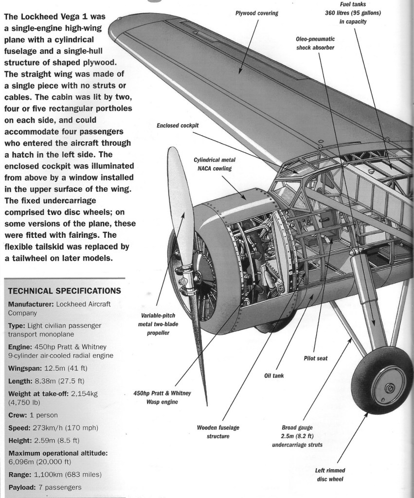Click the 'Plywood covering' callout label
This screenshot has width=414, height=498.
point(257,14)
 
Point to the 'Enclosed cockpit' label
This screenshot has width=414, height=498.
point(178,125)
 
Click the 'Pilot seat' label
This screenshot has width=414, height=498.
point(315,358)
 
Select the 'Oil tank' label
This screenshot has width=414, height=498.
point(274,375)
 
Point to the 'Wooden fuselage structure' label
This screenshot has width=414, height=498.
point(218,431)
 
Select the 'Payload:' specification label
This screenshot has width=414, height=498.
point(25,487)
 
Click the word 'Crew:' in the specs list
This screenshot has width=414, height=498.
point(20,415)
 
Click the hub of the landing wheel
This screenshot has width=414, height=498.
point(389,388)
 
